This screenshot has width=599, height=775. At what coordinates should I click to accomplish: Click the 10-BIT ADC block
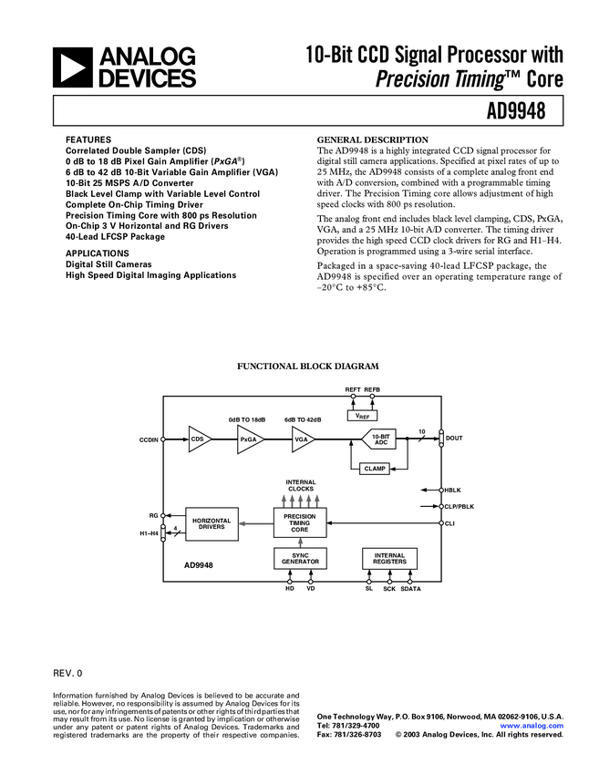[379, 439]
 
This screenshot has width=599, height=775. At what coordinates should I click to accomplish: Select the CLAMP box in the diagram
[375, 468]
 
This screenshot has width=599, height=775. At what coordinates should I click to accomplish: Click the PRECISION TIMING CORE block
[300, 522]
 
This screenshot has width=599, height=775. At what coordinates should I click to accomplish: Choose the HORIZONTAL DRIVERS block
[212, 523]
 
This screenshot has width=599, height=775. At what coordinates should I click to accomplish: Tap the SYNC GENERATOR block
[300, 558]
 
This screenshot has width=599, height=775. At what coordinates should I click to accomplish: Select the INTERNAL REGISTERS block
[389, 558]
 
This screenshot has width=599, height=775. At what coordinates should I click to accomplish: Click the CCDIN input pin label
[149, 439]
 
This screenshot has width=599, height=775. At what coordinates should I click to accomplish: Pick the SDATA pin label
[411, 590]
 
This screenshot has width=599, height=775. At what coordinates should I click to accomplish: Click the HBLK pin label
[452, 490]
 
